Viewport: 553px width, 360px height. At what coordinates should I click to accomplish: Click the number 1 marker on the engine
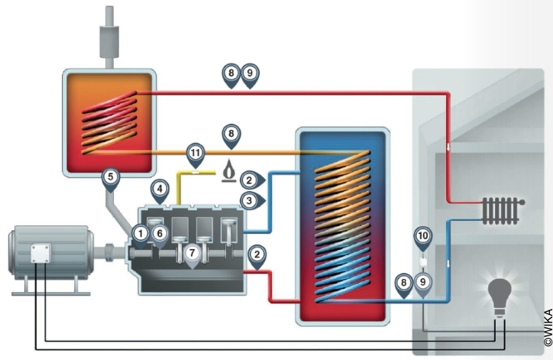(x=141, y=232)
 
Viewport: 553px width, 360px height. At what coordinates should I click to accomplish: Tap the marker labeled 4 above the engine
(x=160, y=187)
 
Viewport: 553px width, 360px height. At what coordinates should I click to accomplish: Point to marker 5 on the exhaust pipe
(x=112, y=177)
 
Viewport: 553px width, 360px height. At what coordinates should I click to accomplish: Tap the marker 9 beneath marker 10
(x=424, y=283)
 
